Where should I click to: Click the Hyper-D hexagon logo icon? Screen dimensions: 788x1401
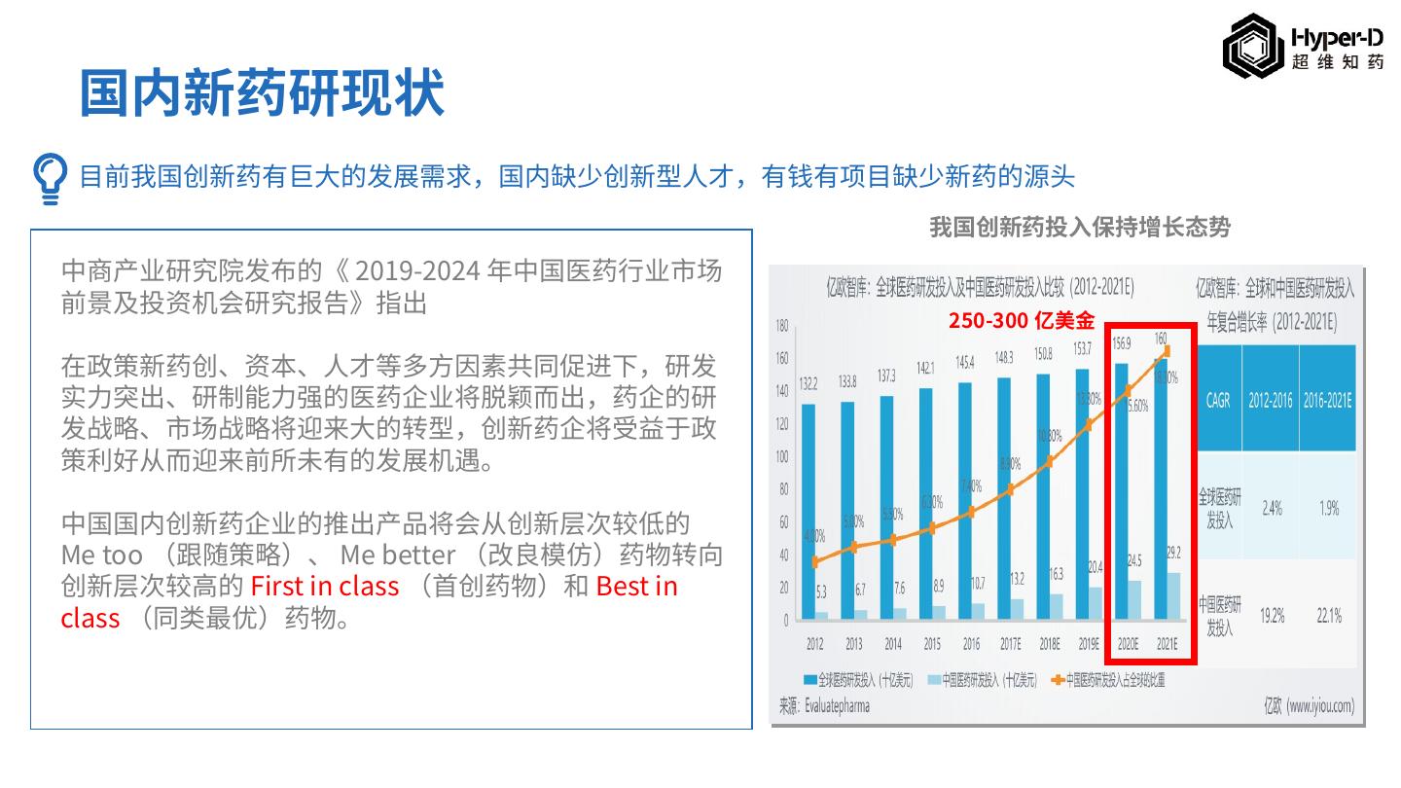pos(1252,47)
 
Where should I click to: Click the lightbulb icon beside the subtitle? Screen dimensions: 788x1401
pos(50,178)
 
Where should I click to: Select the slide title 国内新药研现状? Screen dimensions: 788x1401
pos(262,94)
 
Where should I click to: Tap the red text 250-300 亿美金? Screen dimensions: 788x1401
pos(1022,321)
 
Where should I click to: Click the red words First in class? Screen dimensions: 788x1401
pos(325,586)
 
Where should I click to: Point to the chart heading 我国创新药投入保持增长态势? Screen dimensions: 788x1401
pos(1080,228)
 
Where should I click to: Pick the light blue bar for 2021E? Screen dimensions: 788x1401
pos(1173,596)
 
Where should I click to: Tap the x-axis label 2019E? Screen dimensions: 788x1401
pos(1088,644)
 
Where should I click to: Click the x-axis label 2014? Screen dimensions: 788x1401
pos(892,644)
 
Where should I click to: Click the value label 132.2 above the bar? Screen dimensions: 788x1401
pos(808,385)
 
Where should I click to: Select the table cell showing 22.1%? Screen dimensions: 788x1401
pos(1329,615)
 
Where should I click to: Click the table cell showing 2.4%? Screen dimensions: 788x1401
pos(1272,508)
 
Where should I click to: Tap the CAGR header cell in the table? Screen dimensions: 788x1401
pos(1218,400)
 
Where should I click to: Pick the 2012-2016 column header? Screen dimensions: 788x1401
pos(1272,400)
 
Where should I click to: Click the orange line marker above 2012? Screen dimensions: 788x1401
pos(815,561)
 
